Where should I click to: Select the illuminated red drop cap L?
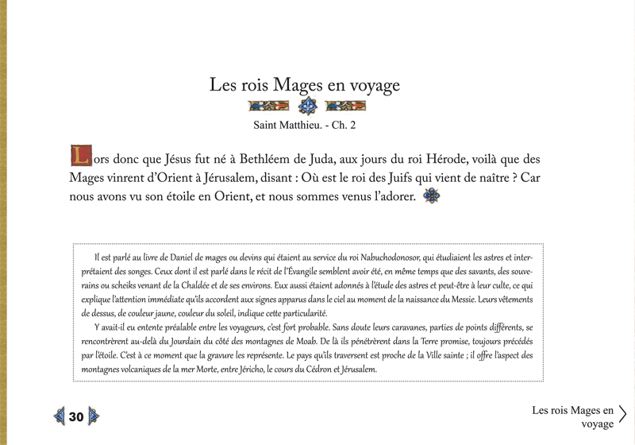click(x=79, y=153)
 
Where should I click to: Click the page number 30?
click(x=76, y=416)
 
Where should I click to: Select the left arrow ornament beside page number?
click(x=59, y=416)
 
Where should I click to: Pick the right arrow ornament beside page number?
click(x=94, y=416)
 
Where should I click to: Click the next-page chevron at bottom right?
click(x=623, y=415)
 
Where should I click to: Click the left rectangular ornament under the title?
click(x=267, y=106)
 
